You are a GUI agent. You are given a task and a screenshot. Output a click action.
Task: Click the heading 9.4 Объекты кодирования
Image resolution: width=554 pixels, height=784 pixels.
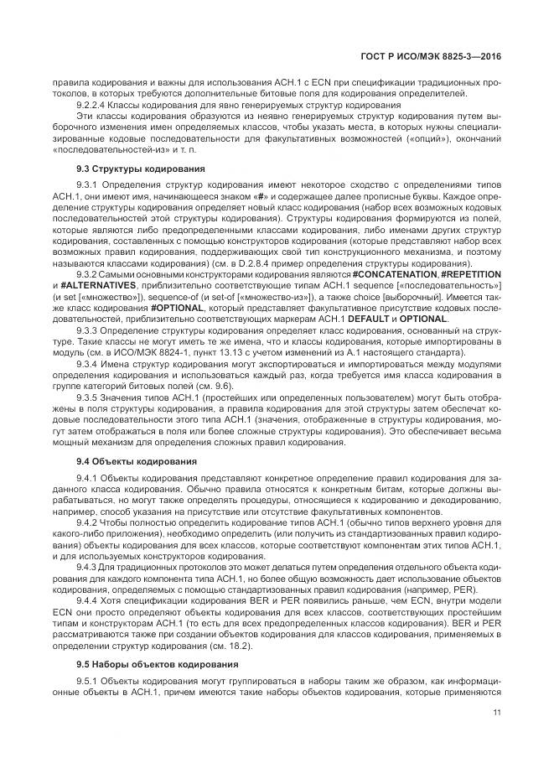(137, 461)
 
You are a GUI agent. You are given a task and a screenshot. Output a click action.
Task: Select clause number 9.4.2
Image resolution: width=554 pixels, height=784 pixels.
(88, 522)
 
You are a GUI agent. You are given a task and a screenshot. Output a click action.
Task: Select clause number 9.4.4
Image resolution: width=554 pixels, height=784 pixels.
(88, 601)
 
